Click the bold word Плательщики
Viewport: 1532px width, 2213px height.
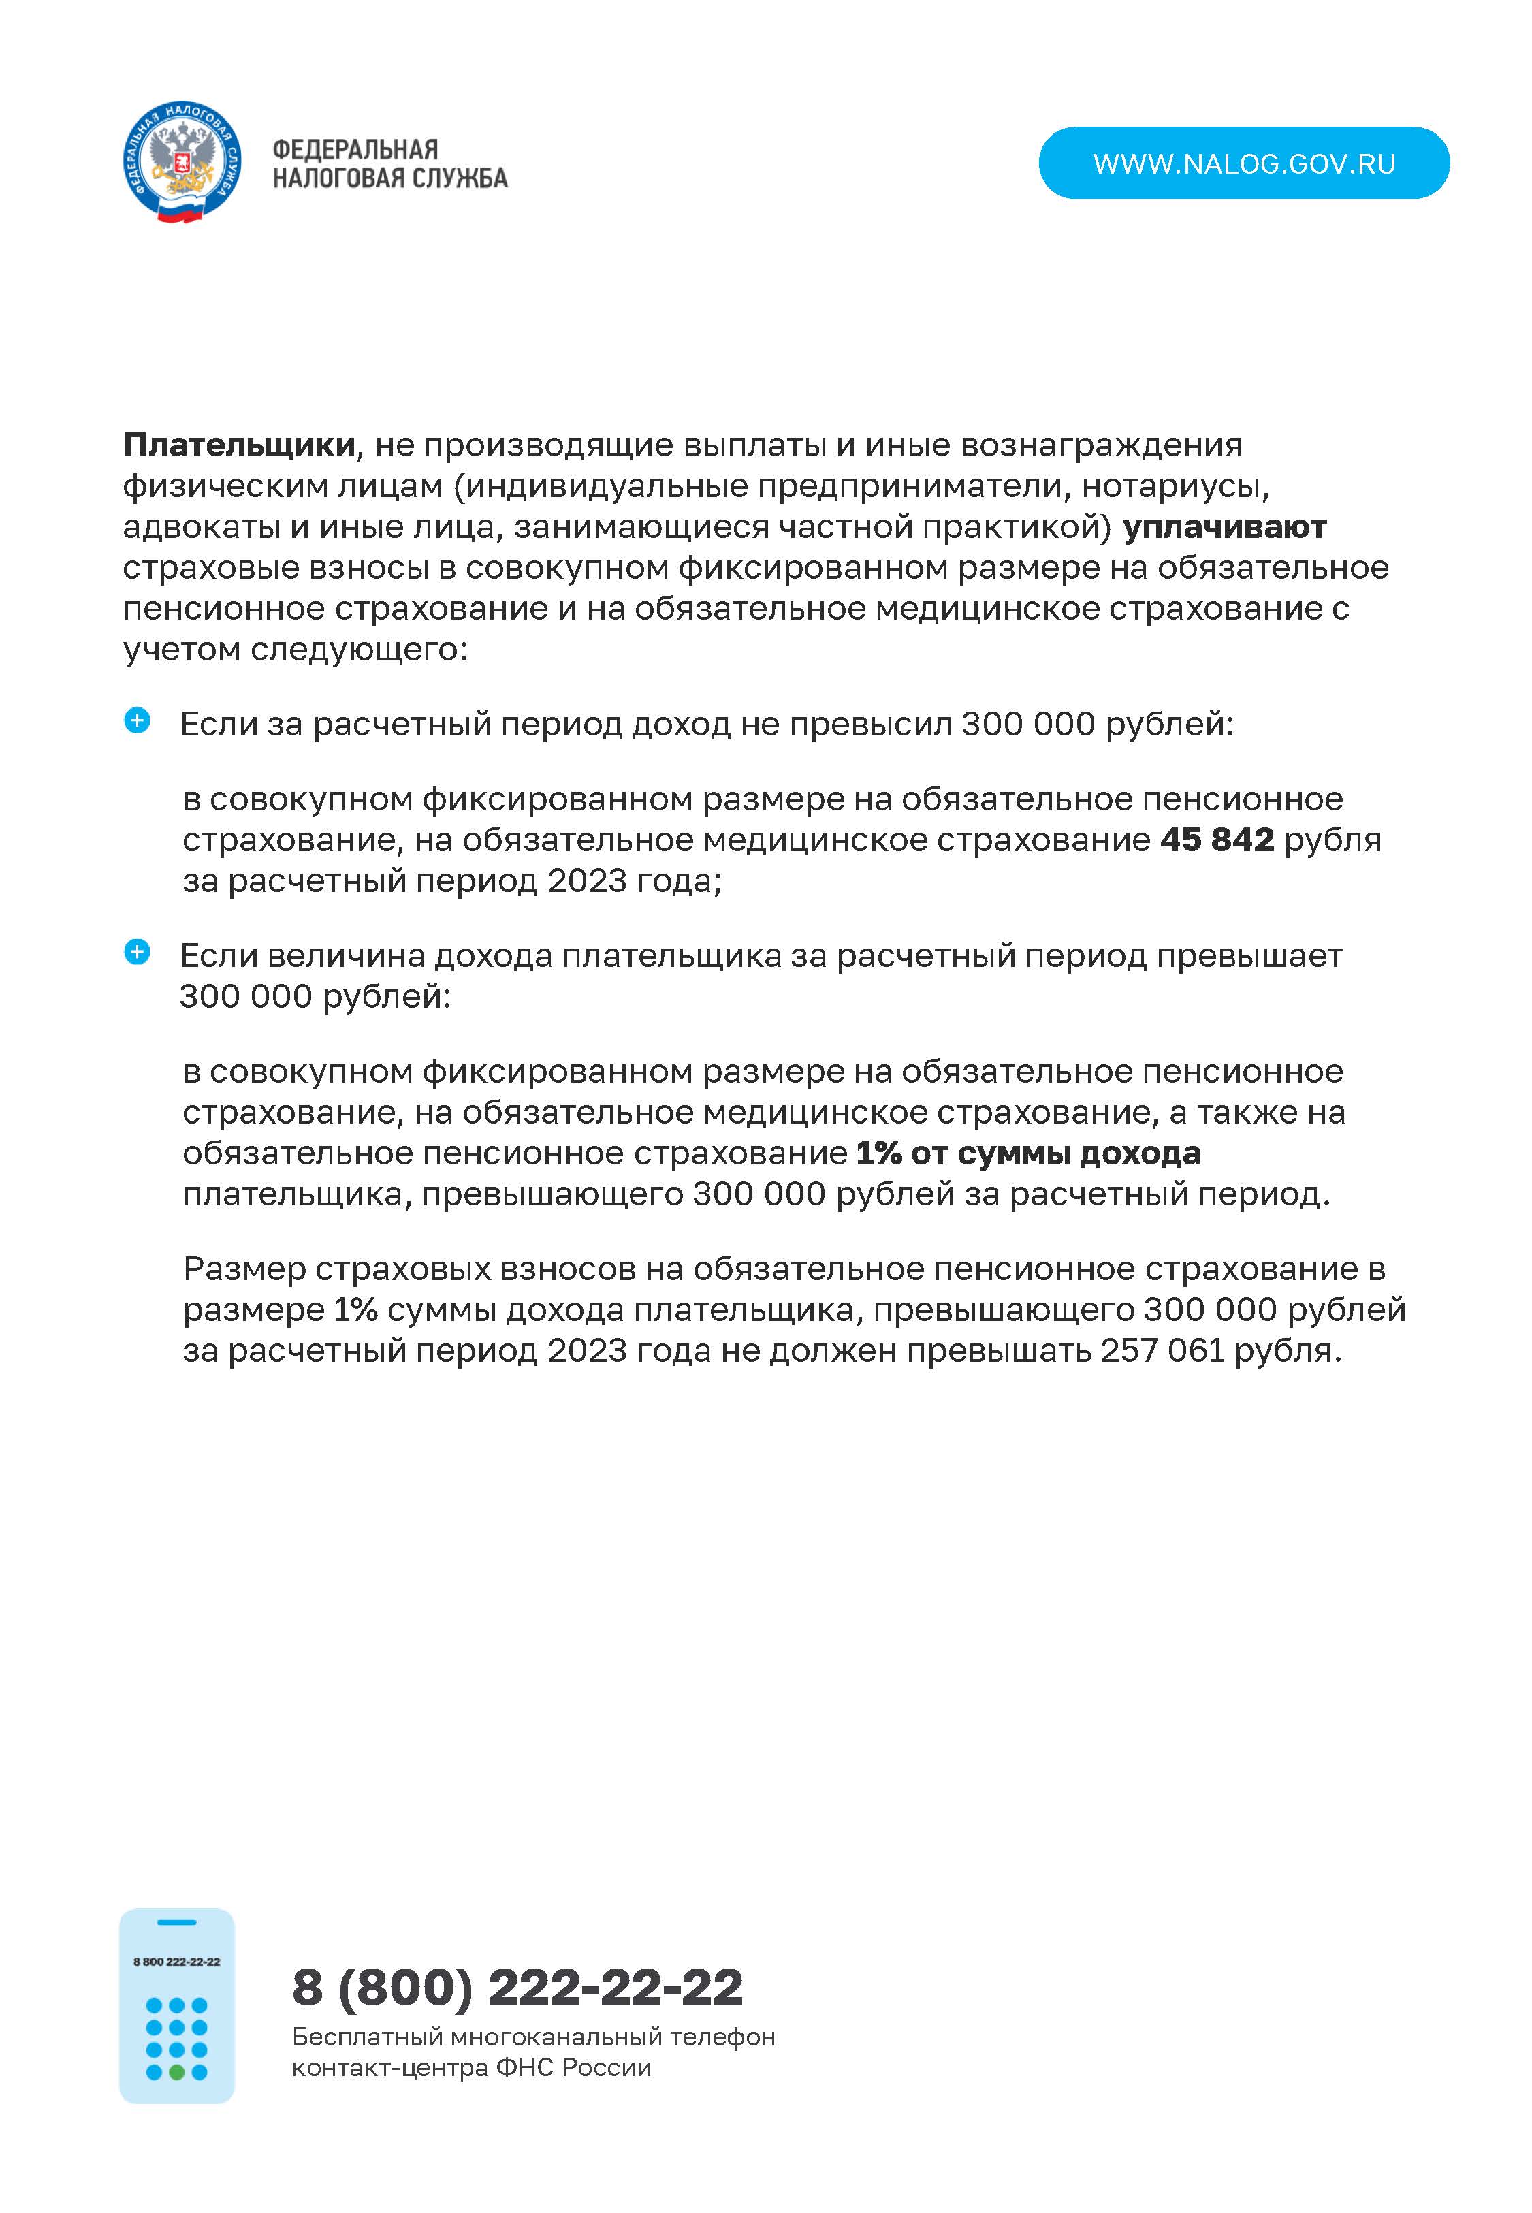[x=239, y=445]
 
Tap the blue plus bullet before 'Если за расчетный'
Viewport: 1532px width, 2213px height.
[x=138, y=720]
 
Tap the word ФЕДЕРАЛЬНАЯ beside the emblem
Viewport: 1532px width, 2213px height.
[x=355, y=150]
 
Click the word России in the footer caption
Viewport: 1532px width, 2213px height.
[x=607, y=2067]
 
